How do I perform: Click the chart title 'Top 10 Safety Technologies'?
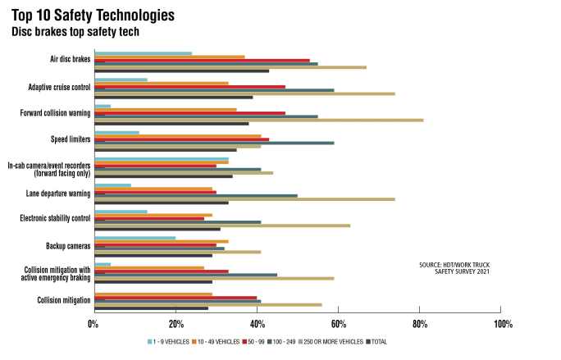coord(93,16)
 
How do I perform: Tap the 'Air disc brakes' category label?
coord(70,59)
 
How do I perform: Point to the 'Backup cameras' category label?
coord(68,245)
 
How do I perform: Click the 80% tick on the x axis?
coord(420,323)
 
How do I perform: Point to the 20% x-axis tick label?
coord(175,323)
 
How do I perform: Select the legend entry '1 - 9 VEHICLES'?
coord(167,341)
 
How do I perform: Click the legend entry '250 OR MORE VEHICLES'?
coord(331,341)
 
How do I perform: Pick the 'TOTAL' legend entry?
coord(378,341)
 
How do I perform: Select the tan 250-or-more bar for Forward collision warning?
coord(258,121)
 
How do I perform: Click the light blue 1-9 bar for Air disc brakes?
coord(143,53)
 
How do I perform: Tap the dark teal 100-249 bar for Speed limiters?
coord(214,143)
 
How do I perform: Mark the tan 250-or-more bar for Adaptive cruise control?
coord(244,93)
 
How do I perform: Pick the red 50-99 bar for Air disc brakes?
coord(202,60)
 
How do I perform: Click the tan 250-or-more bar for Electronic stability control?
coord(222,226)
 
